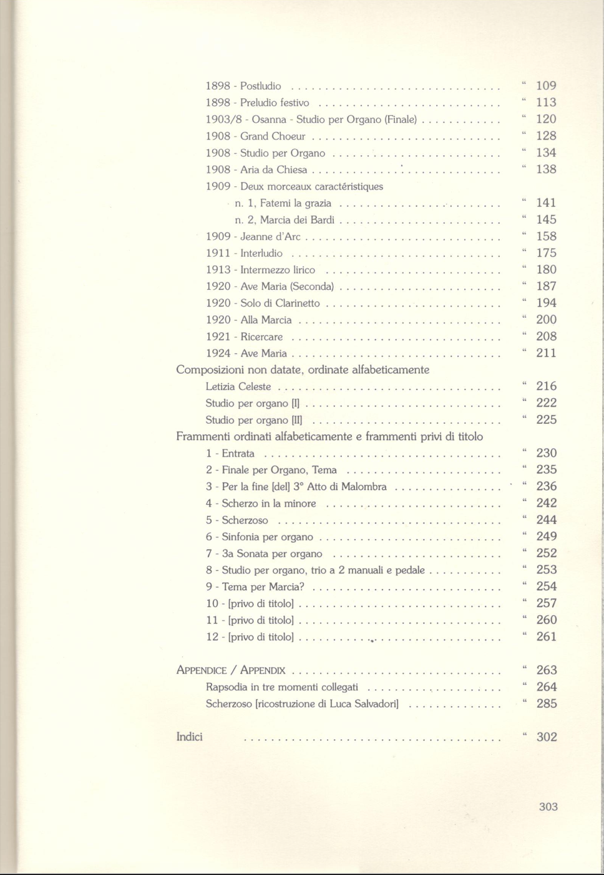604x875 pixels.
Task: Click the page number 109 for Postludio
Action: click(546, 86)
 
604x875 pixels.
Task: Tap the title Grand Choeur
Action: click(273, 136)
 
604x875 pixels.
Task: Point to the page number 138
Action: click(546, 170)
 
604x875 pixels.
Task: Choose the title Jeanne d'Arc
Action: click(270, 237)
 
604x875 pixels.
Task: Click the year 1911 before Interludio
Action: click(218, 254)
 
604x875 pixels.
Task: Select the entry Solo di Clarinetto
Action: click(280, 304)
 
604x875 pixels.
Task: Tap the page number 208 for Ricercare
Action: click(546, 337)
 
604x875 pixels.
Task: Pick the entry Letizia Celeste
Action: click(238, 387)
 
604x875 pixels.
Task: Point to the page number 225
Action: click(546, 420)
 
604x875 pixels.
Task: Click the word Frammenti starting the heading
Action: click(203, 437)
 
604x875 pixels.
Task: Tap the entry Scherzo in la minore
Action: click(269, 504)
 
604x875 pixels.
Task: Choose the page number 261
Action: click(546, 637)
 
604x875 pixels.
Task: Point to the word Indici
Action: click(190, 737)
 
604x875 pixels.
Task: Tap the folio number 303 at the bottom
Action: click(548, 807)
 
